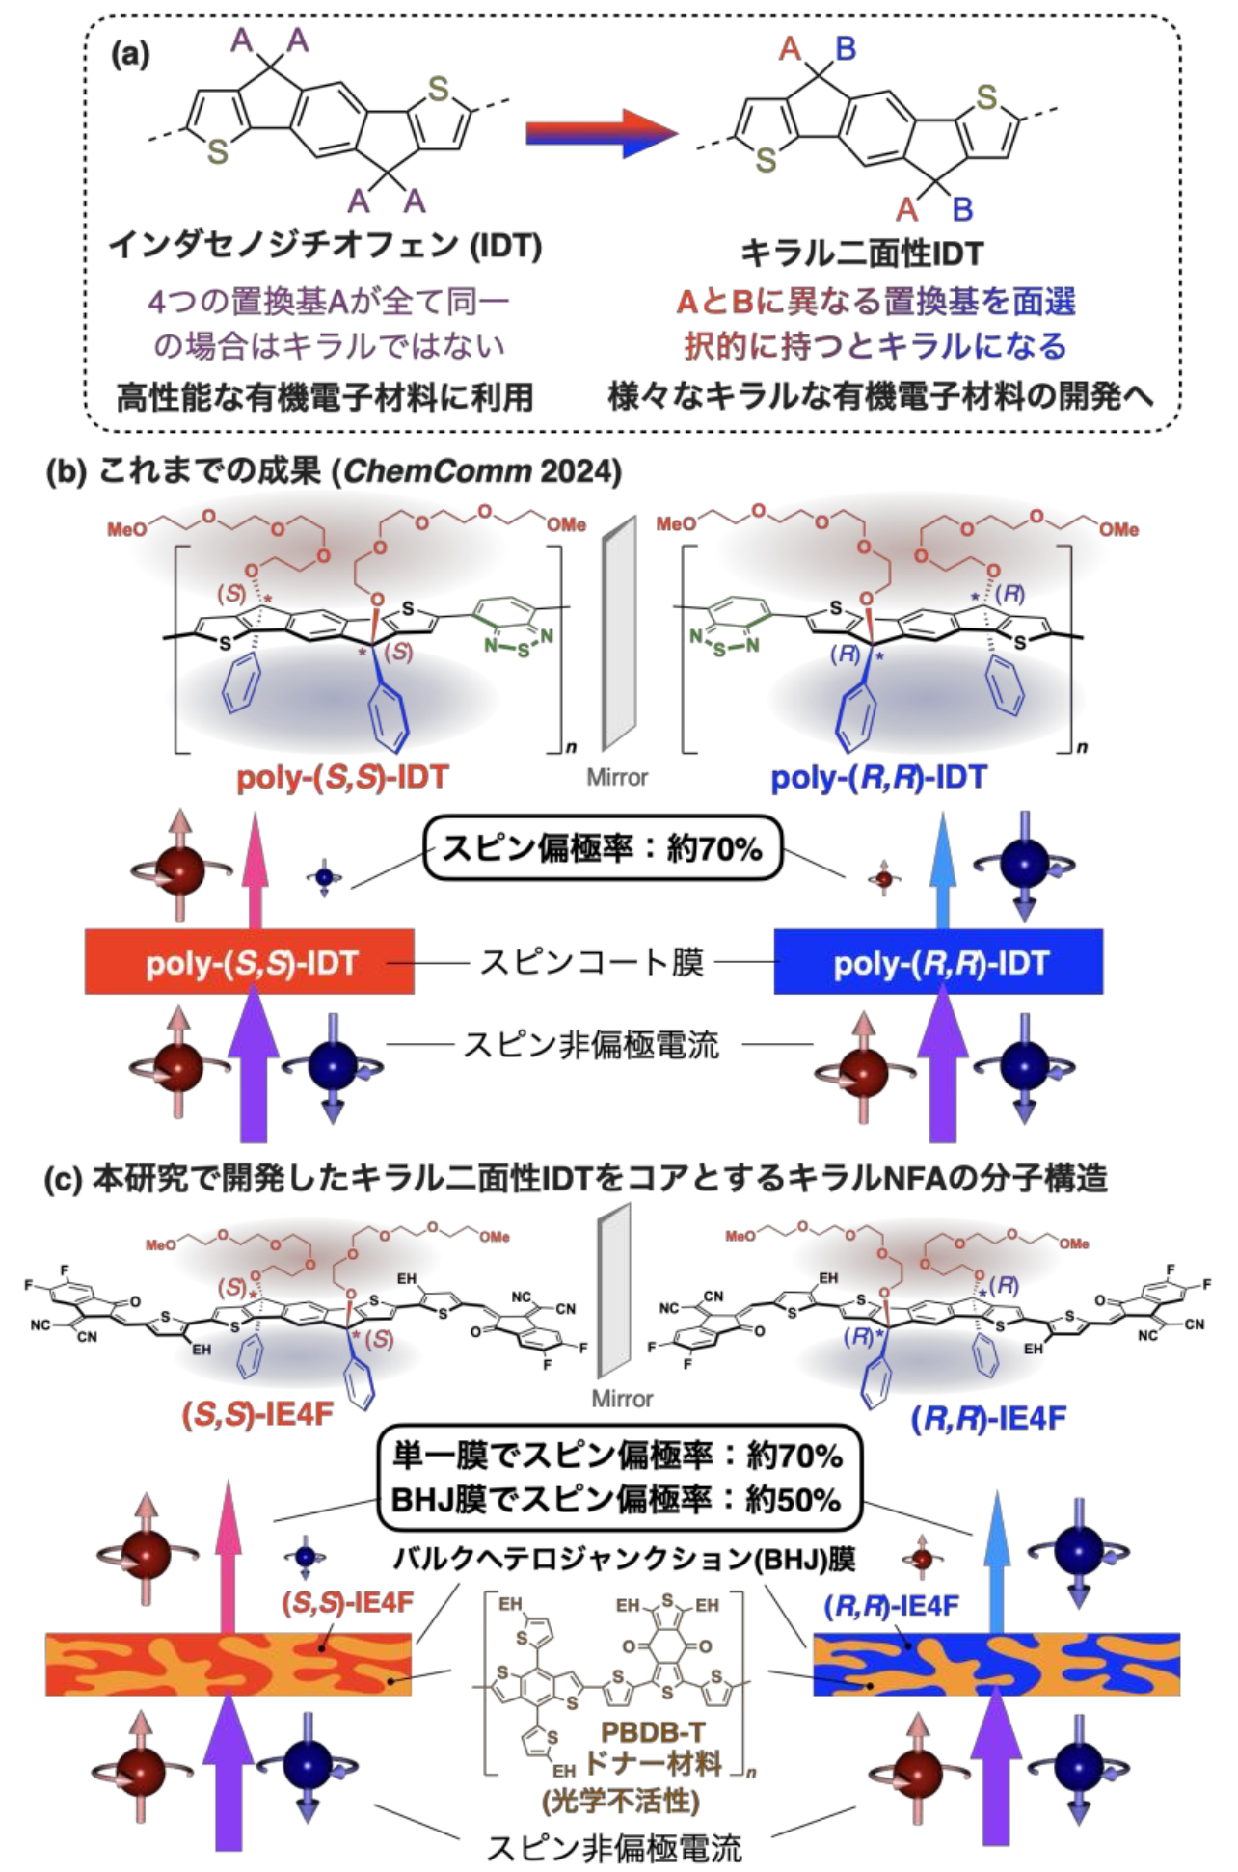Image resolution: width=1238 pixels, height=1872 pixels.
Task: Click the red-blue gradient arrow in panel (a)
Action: pos(600,133)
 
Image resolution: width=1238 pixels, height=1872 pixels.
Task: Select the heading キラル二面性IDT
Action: pos(861,254)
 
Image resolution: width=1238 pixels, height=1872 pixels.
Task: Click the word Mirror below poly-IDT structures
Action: pos(617,777)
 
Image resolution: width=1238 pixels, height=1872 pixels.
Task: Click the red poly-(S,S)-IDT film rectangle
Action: pos(250,962)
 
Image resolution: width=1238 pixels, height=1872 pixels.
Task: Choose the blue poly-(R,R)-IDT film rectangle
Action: pos(938,962)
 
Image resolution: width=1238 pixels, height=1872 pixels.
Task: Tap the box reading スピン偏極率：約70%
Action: pos(602,849)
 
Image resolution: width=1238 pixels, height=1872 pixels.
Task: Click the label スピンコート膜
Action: pos(592,962)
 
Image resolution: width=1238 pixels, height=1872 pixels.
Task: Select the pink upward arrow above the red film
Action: pos(255,868)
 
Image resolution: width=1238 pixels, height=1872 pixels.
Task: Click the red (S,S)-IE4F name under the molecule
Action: pos(256,1414)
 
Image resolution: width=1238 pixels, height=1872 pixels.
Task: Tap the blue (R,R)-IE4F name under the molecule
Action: pos(988,1418)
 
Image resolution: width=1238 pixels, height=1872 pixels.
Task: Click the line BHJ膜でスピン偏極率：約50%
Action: pos(617,1500)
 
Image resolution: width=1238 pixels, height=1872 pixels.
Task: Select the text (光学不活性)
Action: pos(620,1800)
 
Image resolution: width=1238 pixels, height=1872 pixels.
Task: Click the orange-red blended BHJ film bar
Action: pos(229,1664)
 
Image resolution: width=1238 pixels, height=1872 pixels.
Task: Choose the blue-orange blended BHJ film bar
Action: pos(996,1664)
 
